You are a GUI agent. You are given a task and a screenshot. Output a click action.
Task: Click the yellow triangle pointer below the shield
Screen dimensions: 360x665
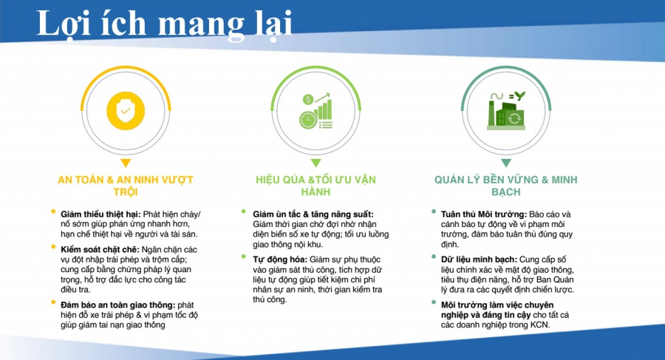(126, 162)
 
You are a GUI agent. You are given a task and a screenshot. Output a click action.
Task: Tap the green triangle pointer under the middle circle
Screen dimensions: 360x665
(316, 162)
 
